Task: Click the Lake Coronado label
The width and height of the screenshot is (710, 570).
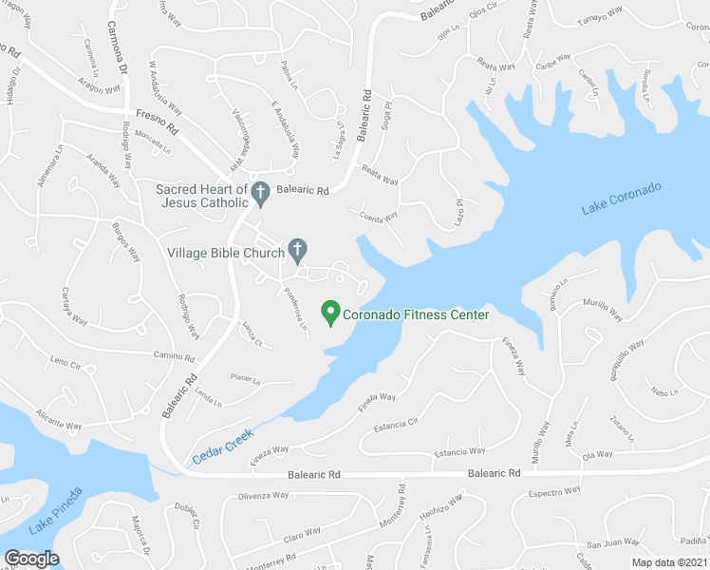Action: (621, 199)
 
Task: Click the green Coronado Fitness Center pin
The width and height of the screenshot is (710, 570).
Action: (330, 312)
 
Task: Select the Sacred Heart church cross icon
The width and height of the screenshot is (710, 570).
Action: (261, 193)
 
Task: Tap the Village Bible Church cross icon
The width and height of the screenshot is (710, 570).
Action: (297, 251)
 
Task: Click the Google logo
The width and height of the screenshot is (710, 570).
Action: (31, 559)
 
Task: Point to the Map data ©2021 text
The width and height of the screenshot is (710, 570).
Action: (670, 562)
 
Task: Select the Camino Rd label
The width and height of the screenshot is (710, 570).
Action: (175, 357)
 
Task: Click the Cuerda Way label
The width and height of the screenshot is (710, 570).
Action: (380, 218)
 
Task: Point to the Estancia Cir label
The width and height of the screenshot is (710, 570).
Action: (397, 423)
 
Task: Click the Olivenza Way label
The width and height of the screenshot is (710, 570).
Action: (263, 496)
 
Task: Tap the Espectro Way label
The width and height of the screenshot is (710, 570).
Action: (553, 493)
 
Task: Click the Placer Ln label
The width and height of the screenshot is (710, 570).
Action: (245, 378)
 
